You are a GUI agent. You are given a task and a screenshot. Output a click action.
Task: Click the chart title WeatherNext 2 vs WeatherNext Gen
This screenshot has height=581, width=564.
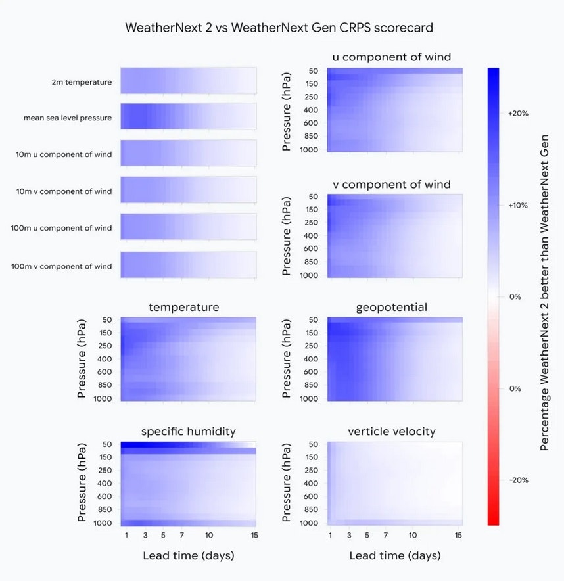point(279,28)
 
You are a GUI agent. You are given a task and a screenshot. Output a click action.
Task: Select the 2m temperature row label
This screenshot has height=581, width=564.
point(82,83)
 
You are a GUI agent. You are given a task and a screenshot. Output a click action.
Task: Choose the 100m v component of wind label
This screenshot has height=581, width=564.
point(62,266)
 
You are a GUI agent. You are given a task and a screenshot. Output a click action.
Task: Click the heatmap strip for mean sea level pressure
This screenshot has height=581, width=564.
point(188,119)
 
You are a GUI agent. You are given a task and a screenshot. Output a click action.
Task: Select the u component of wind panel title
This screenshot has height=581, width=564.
point(392,57)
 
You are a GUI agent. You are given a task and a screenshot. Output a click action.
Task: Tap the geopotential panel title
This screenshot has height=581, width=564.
point(392,308)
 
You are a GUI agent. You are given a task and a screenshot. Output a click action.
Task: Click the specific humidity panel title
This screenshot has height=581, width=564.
point(188,432)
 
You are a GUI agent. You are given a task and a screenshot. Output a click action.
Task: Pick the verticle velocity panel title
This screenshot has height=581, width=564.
point(392,432)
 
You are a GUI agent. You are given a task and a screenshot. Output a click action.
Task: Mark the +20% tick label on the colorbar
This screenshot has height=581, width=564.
point(519,114)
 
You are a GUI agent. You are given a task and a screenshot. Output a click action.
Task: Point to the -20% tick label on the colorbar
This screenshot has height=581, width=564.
point(519,480)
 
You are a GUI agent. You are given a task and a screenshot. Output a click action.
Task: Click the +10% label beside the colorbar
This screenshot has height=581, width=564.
point(519,205)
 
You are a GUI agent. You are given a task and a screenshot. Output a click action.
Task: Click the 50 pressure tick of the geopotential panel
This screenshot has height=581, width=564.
point(313,320)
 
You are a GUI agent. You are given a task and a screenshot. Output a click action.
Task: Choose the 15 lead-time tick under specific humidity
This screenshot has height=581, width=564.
point(254,536)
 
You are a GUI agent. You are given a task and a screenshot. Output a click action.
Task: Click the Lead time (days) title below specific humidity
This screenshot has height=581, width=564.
point(189,556)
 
